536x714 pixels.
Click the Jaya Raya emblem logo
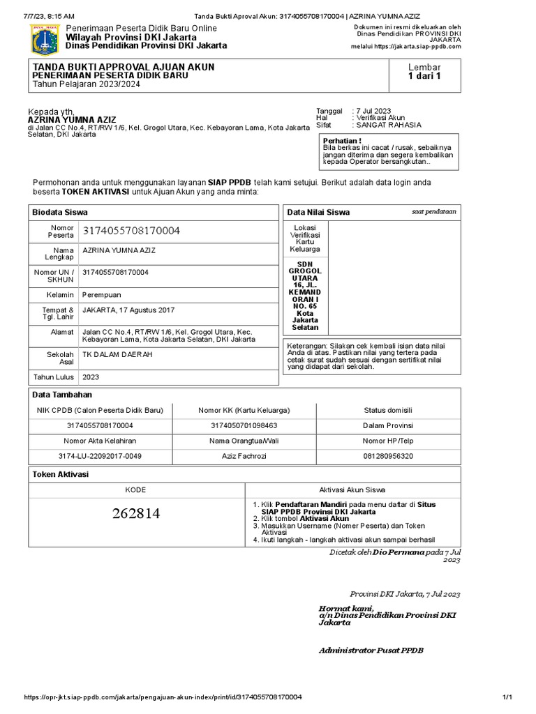coord(40,39)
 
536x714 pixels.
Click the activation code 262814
coord(136,515)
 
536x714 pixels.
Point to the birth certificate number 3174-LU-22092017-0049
coord(100,456)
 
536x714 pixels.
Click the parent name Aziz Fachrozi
coord(244,456)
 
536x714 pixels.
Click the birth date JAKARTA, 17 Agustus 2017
coord(128,310)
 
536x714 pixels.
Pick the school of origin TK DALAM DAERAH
coord(117,354)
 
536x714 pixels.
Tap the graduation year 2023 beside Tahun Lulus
coord(91,377)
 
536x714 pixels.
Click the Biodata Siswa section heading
coord(61,212)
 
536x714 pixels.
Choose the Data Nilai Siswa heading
coord(318,213)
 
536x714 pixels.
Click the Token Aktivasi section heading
coord(61,475)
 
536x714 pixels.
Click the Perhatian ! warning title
coord(341,140)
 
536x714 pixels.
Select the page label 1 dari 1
coord(424,77)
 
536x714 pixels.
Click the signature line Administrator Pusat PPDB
coord(371,651)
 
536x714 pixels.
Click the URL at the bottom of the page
coord(163,698)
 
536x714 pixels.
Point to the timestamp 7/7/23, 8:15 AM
coord(49,15)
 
